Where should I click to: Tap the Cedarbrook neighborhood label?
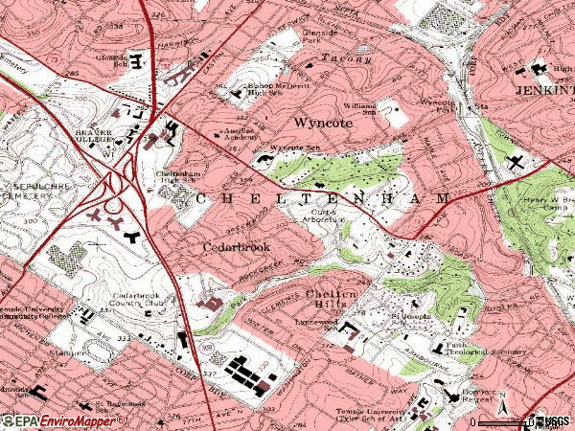(x=236, y=246)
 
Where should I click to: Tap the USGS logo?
(x=553, y=420)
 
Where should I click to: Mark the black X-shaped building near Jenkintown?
(x=517, y=163)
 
